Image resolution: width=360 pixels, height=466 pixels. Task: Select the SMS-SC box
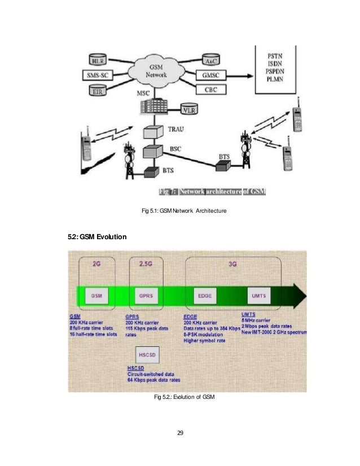tap(100, 74)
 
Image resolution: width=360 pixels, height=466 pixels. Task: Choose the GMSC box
tap(212, 74)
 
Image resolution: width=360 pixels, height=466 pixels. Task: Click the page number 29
tap(180, 433)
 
